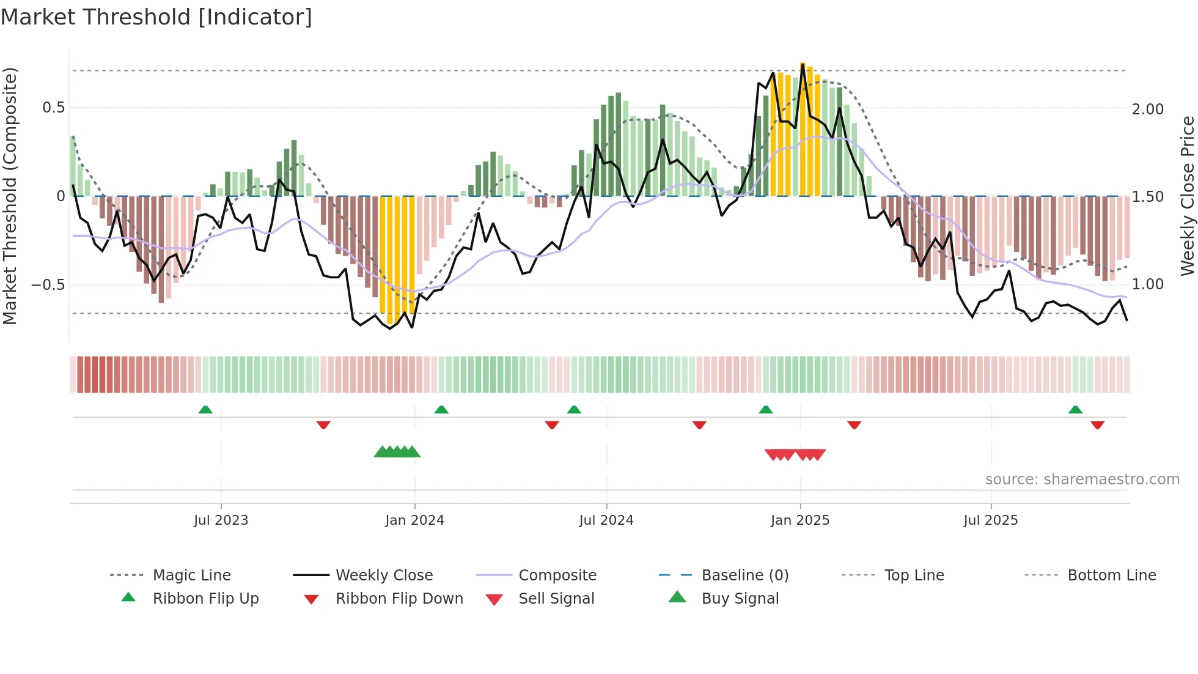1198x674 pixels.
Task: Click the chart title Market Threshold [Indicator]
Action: pyautogui.click(x=156, y=17)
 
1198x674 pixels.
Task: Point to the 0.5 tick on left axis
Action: pyautogui.click(x=54, y=108)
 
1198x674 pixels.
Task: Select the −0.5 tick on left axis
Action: pyautogui.click(x=48, y=285)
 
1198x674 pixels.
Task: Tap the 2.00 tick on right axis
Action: pyautogui.click(x=1147, y=109)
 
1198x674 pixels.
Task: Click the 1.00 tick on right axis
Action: pyautogui.click(x=1147, y=284)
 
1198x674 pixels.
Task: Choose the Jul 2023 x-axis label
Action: pyautogui.click(x=221, y=520)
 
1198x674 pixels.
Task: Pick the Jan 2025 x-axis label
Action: pyautogui.click(x=799, y=520)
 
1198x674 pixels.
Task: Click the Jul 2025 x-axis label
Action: pyautogui.click(x=990, y=520)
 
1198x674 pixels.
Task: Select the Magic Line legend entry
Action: pyautogui.click(x=191, y=576)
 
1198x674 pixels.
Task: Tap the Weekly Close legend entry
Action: pyautogui.click(x=384, y=576)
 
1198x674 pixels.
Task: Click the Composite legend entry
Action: pyautogui.click(x=557, y=576)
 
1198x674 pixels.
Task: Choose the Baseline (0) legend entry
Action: pyautogui.click(x=744, y=576)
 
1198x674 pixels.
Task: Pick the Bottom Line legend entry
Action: pyautogui.click(x=1111, y=576)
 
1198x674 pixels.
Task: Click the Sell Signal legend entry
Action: pyautogui.click(x=556, y=599)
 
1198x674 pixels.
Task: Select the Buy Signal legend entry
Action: pyautogui.click(x=740, y=599)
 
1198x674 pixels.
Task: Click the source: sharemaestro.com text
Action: pyautogui.click(x=1082, y=480)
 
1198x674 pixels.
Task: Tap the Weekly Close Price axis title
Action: pyautogui.click(x=1187, y=196)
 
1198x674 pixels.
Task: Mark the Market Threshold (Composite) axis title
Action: pyautogui.click(x=10, y=196)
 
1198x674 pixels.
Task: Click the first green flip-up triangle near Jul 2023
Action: pyautogui.click(x=205, y=410)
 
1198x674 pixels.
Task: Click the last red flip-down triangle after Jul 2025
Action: pyautogui.click(x=1097, y=424)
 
